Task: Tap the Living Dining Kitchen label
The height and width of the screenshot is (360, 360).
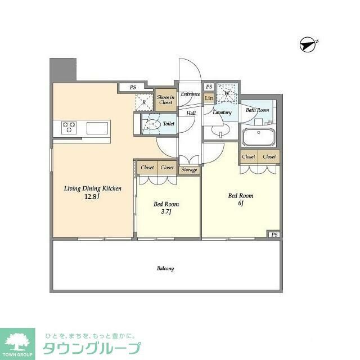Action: pos(93,189)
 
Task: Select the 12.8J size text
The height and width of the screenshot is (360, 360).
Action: pos(92,197)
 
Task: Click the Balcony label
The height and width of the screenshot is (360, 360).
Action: pos(165,268)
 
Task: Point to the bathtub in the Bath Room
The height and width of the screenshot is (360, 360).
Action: pos(258,137)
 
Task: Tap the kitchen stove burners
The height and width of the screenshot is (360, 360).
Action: pos(69,128)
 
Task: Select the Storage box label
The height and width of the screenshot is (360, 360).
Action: pos(190,169)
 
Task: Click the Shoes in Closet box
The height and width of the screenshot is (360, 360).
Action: pos(165,99)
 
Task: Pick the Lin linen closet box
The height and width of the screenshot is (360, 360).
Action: pos(209,98)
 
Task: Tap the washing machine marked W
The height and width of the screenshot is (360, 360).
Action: pos(227,93)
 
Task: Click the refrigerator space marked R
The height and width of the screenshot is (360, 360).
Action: pos(144,102)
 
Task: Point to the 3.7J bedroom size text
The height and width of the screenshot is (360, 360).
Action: pos(166,213)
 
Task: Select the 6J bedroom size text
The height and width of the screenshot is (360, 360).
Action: pos(240,204)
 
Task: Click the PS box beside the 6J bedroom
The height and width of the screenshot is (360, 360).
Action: pos(274,235)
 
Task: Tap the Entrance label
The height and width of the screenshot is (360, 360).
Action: pos(190,94)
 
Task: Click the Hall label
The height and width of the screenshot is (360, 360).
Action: pos(191,112)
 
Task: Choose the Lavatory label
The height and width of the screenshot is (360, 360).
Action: pos(222,112)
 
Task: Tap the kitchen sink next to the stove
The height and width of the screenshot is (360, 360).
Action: pos(98,128)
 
